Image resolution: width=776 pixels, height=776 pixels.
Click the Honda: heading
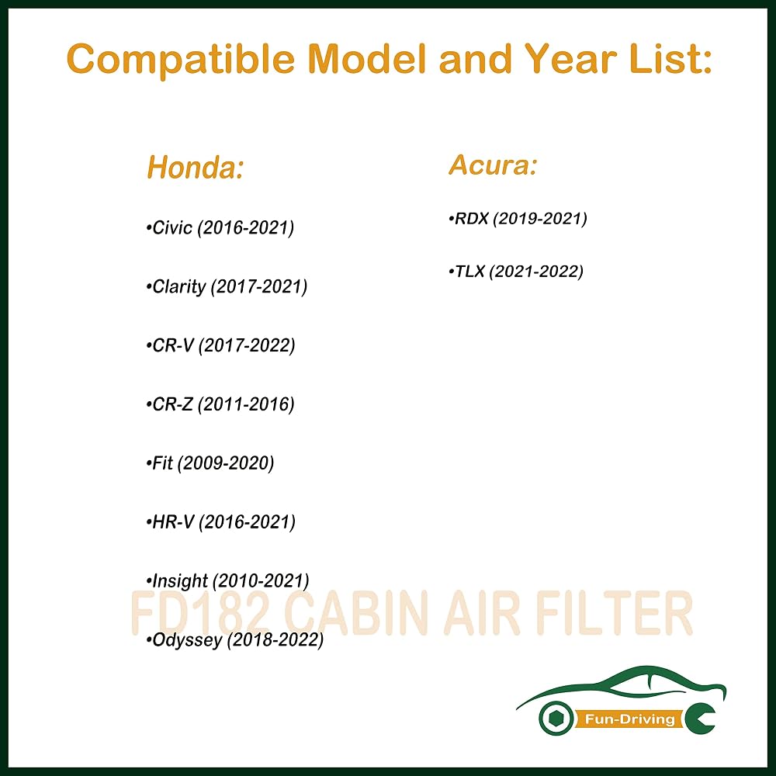coord(196,167)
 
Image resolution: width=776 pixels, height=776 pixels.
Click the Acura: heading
coord(493,165)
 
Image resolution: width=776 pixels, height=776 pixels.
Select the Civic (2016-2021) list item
coord(220,227)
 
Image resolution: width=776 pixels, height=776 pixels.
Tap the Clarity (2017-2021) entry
coord(227,286)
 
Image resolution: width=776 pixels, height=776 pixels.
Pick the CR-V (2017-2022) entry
coord(220,345)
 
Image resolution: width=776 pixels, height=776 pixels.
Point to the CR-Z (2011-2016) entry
coord(220,404)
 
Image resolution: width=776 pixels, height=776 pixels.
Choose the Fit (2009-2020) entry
coord(210,463)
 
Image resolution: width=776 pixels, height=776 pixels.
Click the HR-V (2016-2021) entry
coord(220,521)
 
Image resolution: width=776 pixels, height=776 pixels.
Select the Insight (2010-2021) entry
coord(227,580)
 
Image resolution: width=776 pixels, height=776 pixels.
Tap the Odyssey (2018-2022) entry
coord(234,639)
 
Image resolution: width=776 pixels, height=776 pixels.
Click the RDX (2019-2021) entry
coord(518,218)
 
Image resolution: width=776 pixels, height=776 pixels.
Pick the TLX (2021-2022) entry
coord(516,271)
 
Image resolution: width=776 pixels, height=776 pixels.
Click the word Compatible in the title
coord(181,60)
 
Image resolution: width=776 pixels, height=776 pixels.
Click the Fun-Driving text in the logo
coord(629,719)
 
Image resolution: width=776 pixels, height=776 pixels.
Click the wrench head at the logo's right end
coord(700,719)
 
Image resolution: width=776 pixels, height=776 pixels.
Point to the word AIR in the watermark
coord(481,613)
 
